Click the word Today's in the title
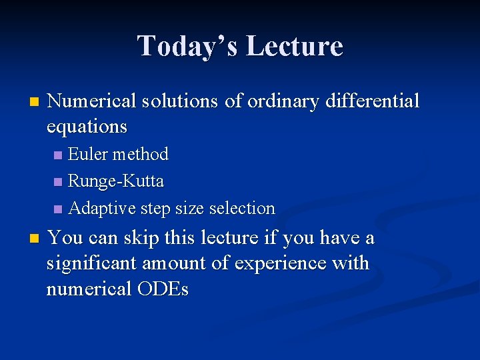click(x=187, y=47)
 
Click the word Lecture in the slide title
click(x=294, y=47)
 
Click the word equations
click(x=87, y=126)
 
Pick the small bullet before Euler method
click(x=58, y=155)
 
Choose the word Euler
click(x=89, y=154)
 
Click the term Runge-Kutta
click(x=116, y=181)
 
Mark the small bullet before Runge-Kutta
click(x=58, y=182)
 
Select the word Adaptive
click(x=101, y=208)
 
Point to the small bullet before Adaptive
click(x=58, y=209)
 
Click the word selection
click(x=242, y=208)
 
